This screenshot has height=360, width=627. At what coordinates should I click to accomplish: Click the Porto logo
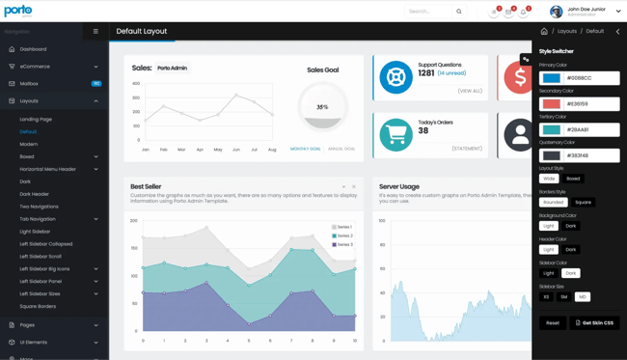pyautogui.click(x=18, y=12)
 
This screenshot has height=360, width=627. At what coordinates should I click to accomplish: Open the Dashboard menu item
pyautogui.click(x=33, y=49)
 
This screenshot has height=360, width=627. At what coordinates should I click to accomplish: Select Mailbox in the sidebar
pyautogui.click(x=29, y=84)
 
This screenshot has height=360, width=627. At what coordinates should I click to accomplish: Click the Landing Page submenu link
pyautogui.click(x=36, y=120)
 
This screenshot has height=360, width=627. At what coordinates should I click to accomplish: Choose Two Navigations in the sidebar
pyautogui.click(x=39, y=207)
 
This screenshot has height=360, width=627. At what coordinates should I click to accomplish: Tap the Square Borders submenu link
pyautogui.click(x=38, y=306)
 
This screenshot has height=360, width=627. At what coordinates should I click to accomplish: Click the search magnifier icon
pyautogui.click(x=459, y=12)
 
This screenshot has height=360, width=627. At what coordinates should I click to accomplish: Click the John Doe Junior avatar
pyautogui.click(x=556, y=12)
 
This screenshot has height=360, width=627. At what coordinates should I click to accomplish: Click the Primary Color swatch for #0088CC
pyautogui.click(x=551, y=78)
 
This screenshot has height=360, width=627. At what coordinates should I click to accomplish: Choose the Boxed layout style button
pyautogui.click(x=573, y=179)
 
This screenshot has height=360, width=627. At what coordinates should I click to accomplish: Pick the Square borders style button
pyautogui.click(x=583, y=203)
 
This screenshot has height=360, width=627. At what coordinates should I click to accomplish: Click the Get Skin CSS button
pyautogui.click(x=594, y=323)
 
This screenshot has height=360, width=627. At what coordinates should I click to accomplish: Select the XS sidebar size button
pyautogui.click(x=547, y=297)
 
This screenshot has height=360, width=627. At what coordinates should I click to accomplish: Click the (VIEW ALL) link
pyautogui.click(x=470, y=91)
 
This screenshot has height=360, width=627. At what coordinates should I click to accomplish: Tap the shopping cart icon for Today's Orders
pyautogui.click(x=395, y=135)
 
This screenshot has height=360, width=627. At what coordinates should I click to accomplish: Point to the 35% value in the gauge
pyautogui.click(x=322, y=107)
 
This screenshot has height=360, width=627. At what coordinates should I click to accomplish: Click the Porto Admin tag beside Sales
pyautogui.click(x=173, y=69)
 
